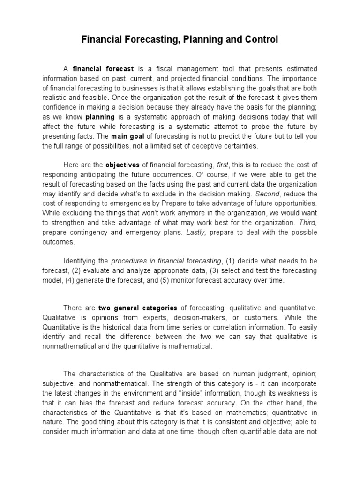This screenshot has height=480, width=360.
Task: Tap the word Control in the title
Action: click(261, 40)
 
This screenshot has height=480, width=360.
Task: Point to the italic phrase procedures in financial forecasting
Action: click(166, 261)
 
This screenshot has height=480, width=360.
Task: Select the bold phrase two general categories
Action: click(138, 308)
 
